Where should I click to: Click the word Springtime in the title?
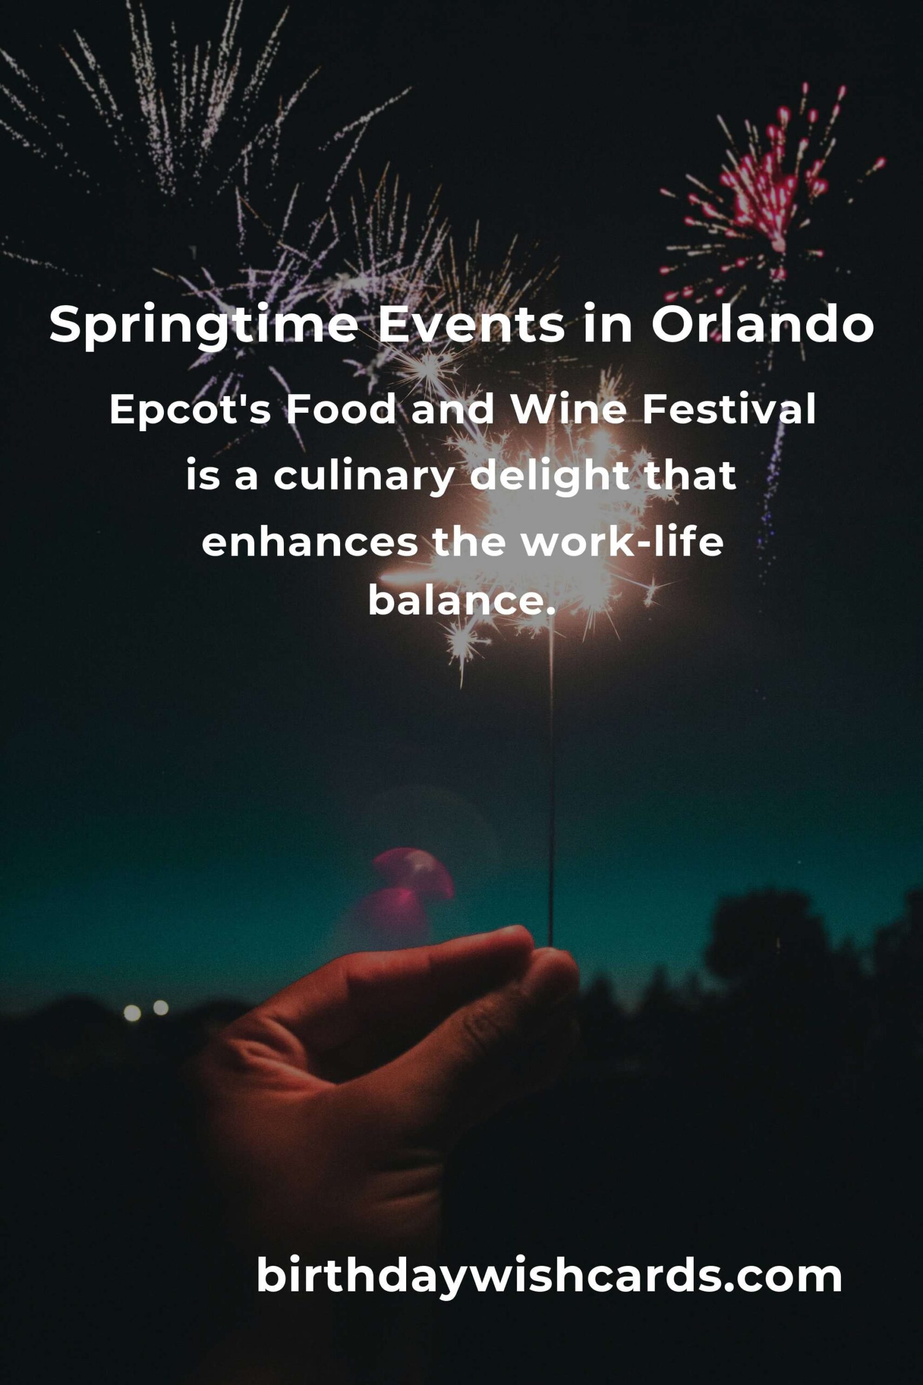tap(204, 326)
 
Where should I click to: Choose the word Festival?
tap(729, 410)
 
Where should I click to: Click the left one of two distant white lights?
tap(132, 1013)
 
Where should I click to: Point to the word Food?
tap(341, 410)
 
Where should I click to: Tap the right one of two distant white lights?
tap(161, 1007)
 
